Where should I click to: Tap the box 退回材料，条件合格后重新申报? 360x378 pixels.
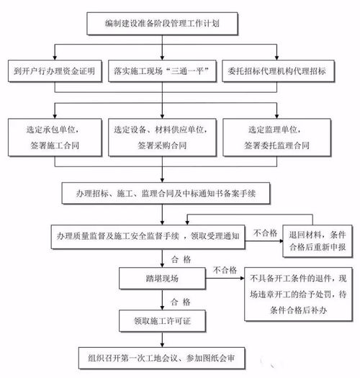[x=316, y=241]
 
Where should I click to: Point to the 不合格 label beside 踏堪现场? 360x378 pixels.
[x=225, y=269]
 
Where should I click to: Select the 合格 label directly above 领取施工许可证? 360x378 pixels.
[x=181, y=300]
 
